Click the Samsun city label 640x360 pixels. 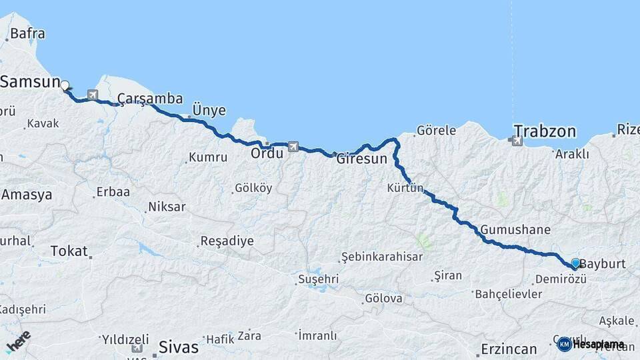point(31,81)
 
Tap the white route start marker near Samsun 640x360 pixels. point(65,85)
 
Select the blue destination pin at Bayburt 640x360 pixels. point(575,263)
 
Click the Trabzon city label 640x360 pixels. point(545,130)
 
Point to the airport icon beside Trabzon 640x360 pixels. point(515,141)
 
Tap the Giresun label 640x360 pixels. point(361,159)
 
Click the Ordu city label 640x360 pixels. point(267,153)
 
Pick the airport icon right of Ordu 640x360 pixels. point(293,146)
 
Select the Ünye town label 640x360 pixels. point(209,111)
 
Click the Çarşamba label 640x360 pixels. point(150,99)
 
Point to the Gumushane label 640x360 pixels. point(515,230)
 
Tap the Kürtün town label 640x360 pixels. point(405,189)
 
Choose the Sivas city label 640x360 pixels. point(179,347)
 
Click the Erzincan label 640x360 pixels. point(509,349)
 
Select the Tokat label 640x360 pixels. point(69,251)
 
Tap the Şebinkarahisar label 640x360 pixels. point(381,257)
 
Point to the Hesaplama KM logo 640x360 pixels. point(591,344)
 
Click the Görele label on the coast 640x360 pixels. point(437,130)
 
